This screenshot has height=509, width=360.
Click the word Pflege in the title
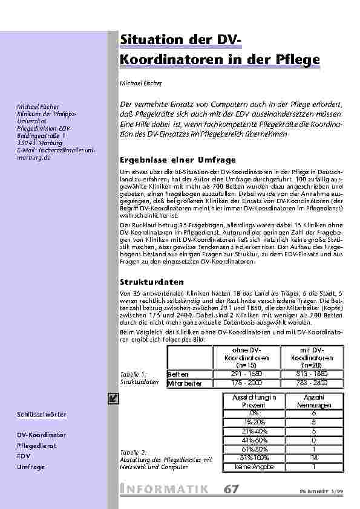pyautogui.click(x=295, y=61)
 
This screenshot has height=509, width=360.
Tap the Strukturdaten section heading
pyautogui.click(x=151, y=282)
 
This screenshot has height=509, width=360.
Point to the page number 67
pyautogui.click(x=231, y=489)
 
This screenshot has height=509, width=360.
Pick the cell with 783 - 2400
pyautogui.click(x=313, y=383)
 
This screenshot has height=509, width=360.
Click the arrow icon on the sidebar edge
pyautogui.click(x=112, y=397)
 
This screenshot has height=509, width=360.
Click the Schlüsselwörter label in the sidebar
pyautogui.click(x=42, y=415)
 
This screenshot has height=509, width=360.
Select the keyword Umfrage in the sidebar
pyautogui.click(x=30, y=467)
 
